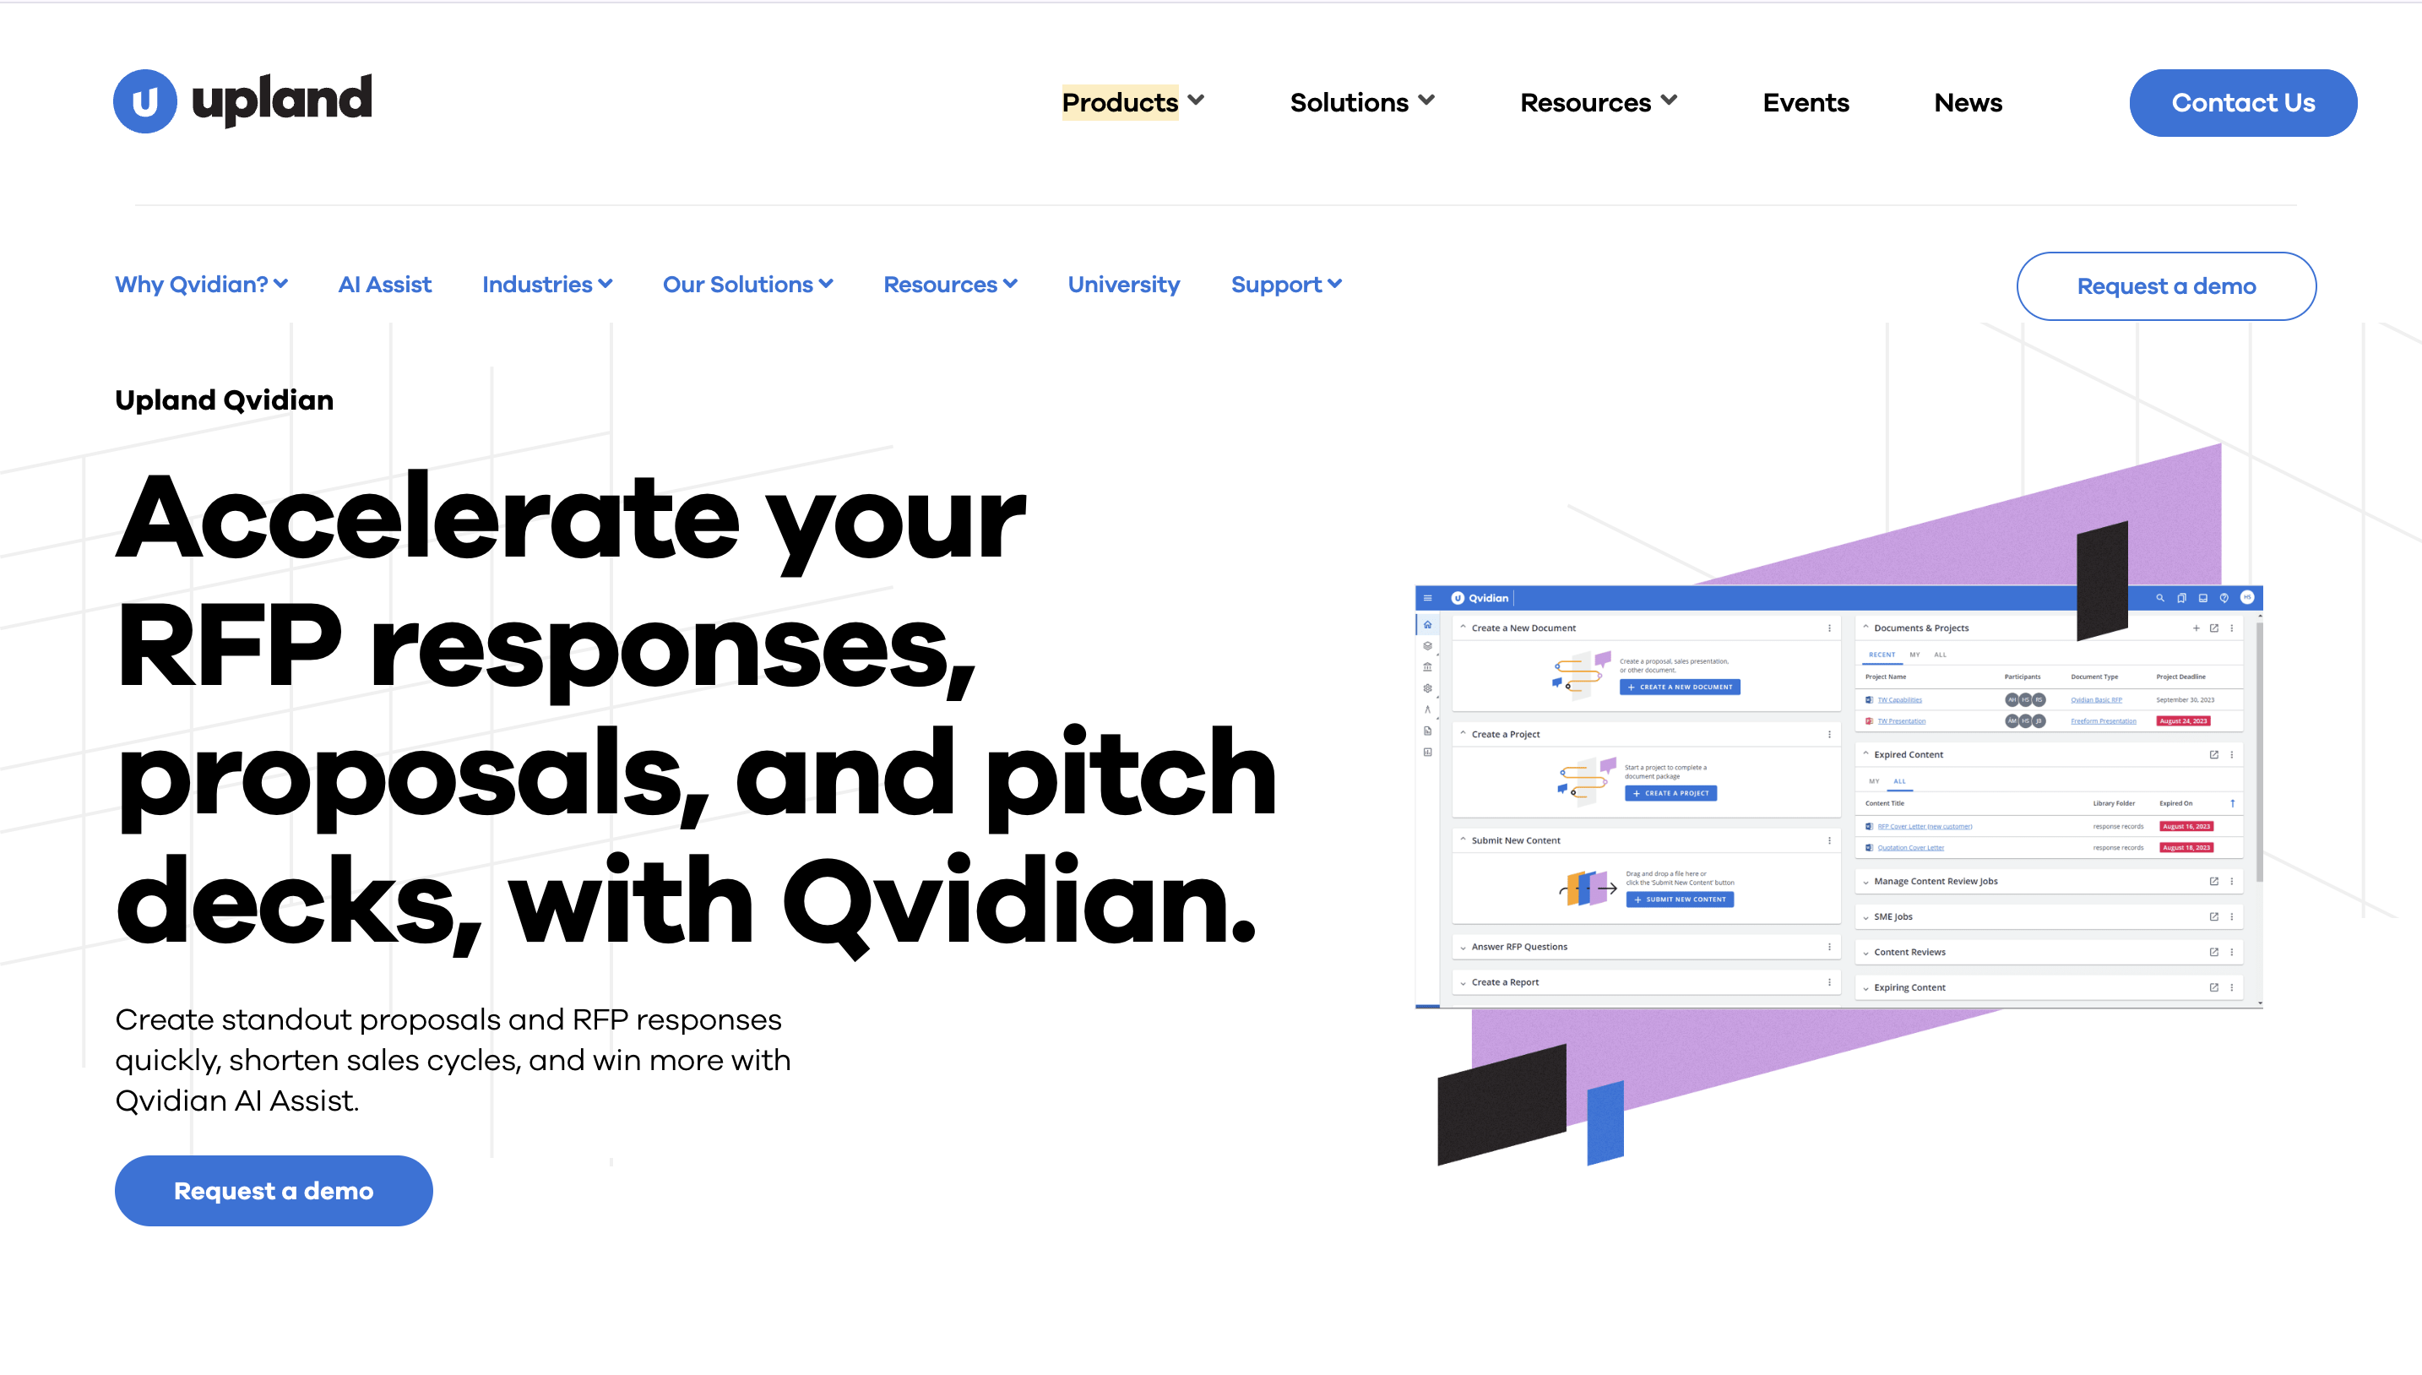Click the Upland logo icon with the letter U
coord(144,101)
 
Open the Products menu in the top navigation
coord(1132,102)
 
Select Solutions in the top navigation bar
coord(1360,102)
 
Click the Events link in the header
coord(1806,102)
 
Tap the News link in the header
coord(1968,102)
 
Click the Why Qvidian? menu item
coord(201,285)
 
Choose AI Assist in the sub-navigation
coord(384,285)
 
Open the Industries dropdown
coord(546,285)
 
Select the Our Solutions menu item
coord(747,285)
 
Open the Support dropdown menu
coord(1285,285)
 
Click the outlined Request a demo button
coord(2165,286)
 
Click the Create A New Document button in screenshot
coord(1679,687)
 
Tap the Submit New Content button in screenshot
coord(1679,899)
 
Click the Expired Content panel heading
coord(1908,754)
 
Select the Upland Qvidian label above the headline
coord(224,400)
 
